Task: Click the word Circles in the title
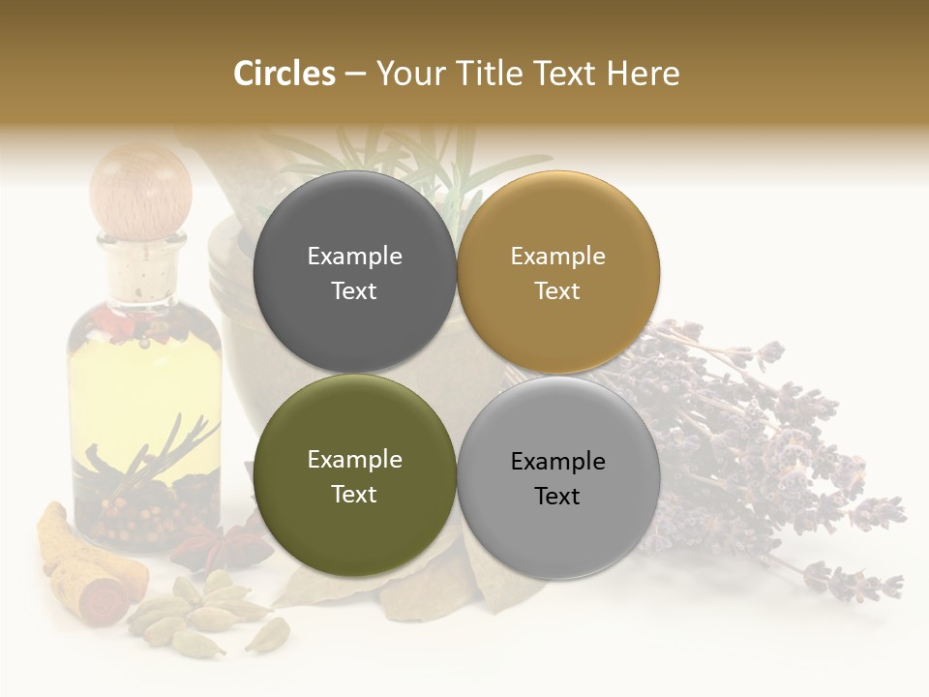[x=285, y=74]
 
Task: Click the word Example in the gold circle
[x=557, y=257]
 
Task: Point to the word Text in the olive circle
[x=354, y=495]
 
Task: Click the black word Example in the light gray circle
[x=558, y=462]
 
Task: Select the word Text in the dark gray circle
[x=354, y=291]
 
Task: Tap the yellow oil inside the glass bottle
[x=145, y=387]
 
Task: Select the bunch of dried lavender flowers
[x=755, y=436]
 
